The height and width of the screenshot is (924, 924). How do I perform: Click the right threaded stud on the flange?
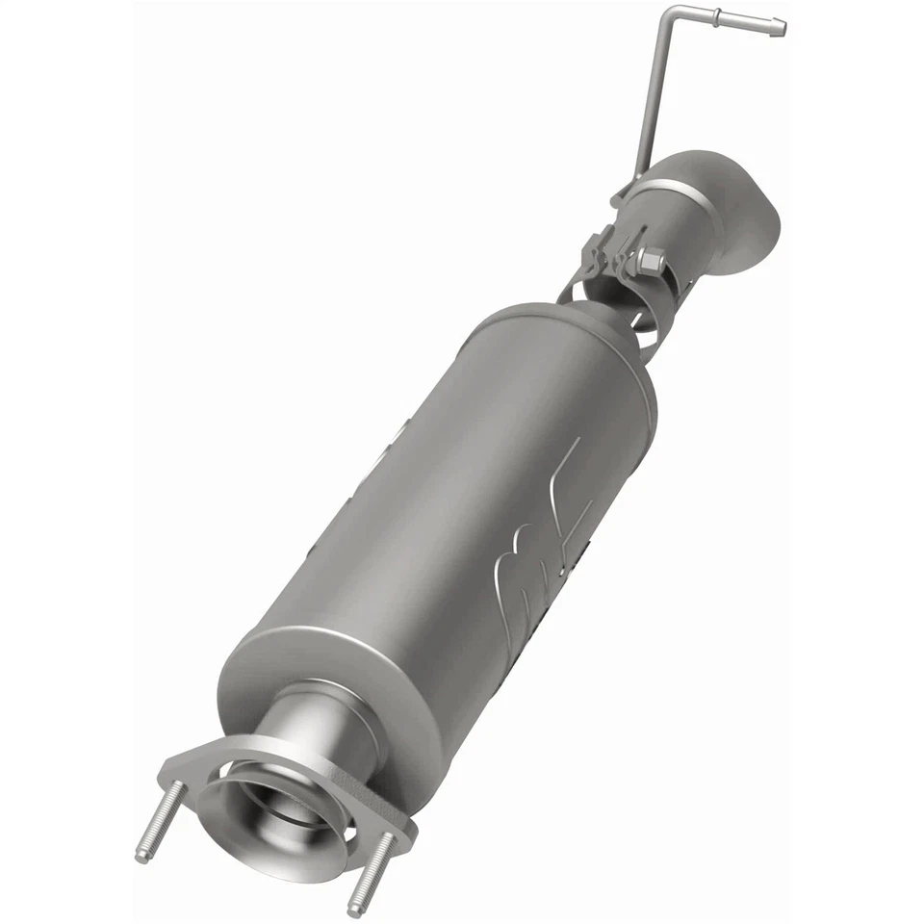[x=372, y=872]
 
